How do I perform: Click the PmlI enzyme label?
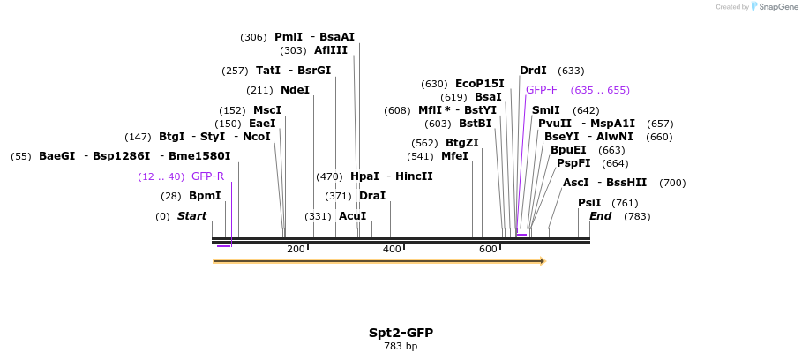(x=289, y=37)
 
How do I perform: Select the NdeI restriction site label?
(x=295, y=90)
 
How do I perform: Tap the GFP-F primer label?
(x=542, y=90)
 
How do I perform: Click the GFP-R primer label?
(x=207, y=176)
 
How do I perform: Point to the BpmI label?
(x=205, y=196)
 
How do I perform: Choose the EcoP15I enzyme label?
(x=480, y=84)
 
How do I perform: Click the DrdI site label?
(x=533, y=71)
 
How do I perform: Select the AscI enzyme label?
(x=575, y=183)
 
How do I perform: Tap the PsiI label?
(x=589, y=203)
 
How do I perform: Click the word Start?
(x=191, y=216)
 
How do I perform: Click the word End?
(x=600, y=216)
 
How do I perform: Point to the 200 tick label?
(x=296, y=250)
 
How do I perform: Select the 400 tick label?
(x=392, y=250)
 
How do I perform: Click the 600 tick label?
(x=488, y=250)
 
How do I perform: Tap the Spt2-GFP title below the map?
(x=401, y=333)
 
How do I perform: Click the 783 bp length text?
(x=401, y=346)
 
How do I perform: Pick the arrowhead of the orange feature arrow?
(x=543, y=261)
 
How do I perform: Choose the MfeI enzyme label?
(x=454, y=156)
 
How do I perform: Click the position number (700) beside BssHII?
(x=672, y=183)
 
